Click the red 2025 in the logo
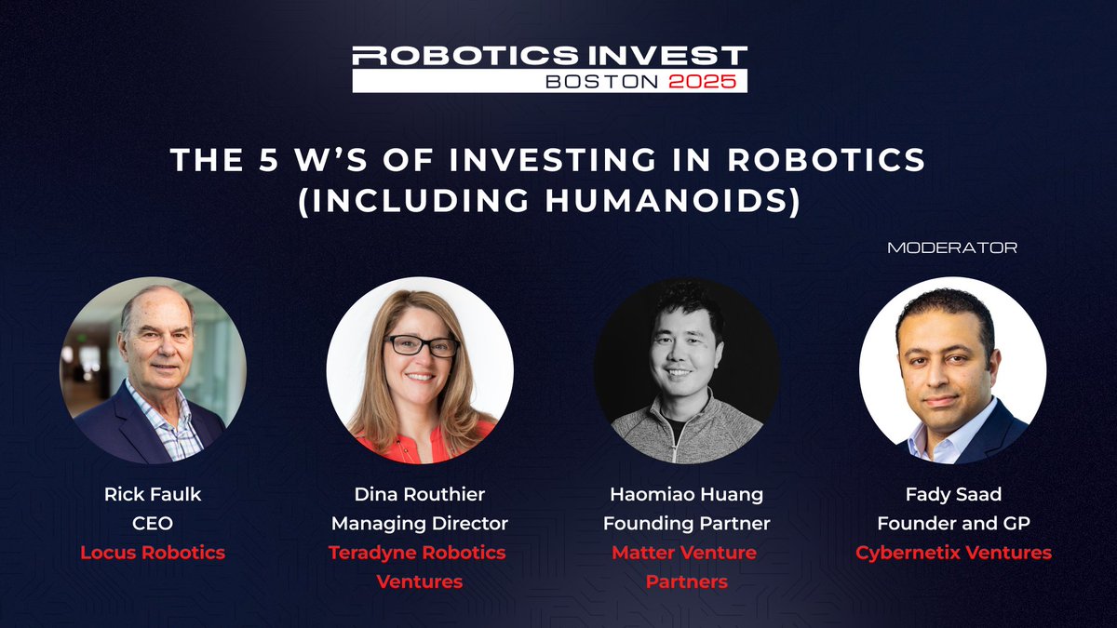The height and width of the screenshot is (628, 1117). (x=707, y=81)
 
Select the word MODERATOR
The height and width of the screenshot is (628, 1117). (x=952, y=248)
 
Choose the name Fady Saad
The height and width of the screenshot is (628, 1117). (x=953, y=494)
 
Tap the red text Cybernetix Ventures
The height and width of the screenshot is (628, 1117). (x=953, y=553)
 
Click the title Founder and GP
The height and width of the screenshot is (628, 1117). (x=953, y=523)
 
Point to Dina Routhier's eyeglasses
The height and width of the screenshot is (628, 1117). (x=421, y=346)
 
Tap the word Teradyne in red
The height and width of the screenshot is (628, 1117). (x=373, y=553)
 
